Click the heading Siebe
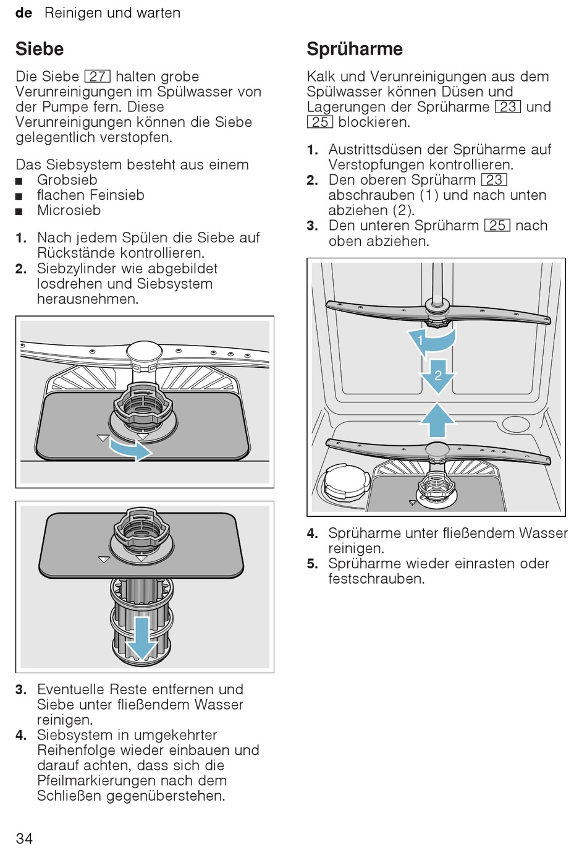[40, 49]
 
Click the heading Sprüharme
[355, 49]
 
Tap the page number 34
[24, 838]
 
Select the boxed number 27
[98, 77]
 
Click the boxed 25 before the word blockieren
[320, 122]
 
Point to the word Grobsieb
[67, 180]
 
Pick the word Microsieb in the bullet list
[69, 210]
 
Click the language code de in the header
[23, 13]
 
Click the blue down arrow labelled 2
[437, 376]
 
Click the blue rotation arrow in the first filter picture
[132, 451]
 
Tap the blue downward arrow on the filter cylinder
[141, 637]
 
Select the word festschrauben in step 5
[376, 579]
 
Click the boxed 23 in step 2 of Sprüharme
[494, 180]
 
